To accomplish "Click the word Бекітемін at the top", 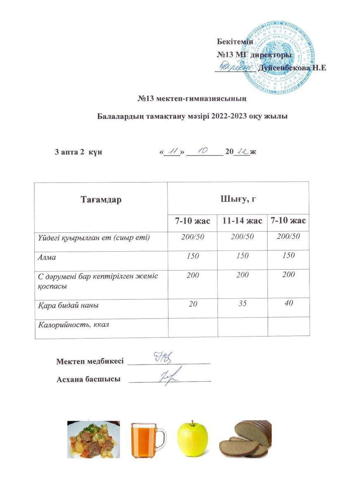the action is (235, 41).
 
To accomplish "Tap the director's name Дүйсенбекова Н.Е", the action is (291, 68).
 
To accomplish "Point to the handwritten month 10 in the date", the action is (204, 151).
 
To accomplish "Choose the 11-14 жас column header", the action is (242, 221).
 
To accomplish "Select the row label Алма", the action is (47, 257).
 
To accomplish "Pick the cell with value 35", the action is (242, 304).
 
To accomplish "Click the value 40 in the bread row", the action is (289, 303).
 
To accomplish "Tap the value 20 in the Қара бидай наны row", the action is (192, 304).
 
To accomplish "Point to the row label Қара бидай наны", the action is (69, 306).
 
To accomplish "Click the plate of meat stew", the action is (94, 439).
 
